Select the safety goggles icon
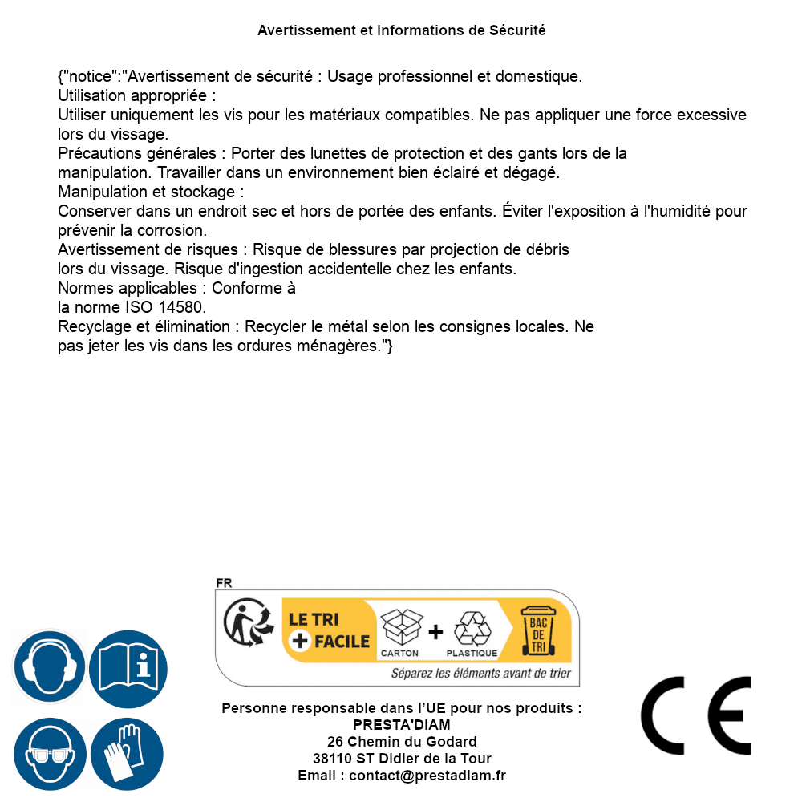click(50, 755)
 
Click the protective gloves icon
click(128, 755)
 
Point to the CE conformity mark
click(696, 715)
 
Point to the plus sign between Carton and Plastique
click(435, 632)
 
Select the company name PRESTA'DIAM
click(402, 725)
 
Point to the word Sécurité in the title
click(517, 30)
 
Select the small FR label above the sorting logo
click(224, 583)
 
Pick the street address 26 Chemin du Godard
click(402, 742)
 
